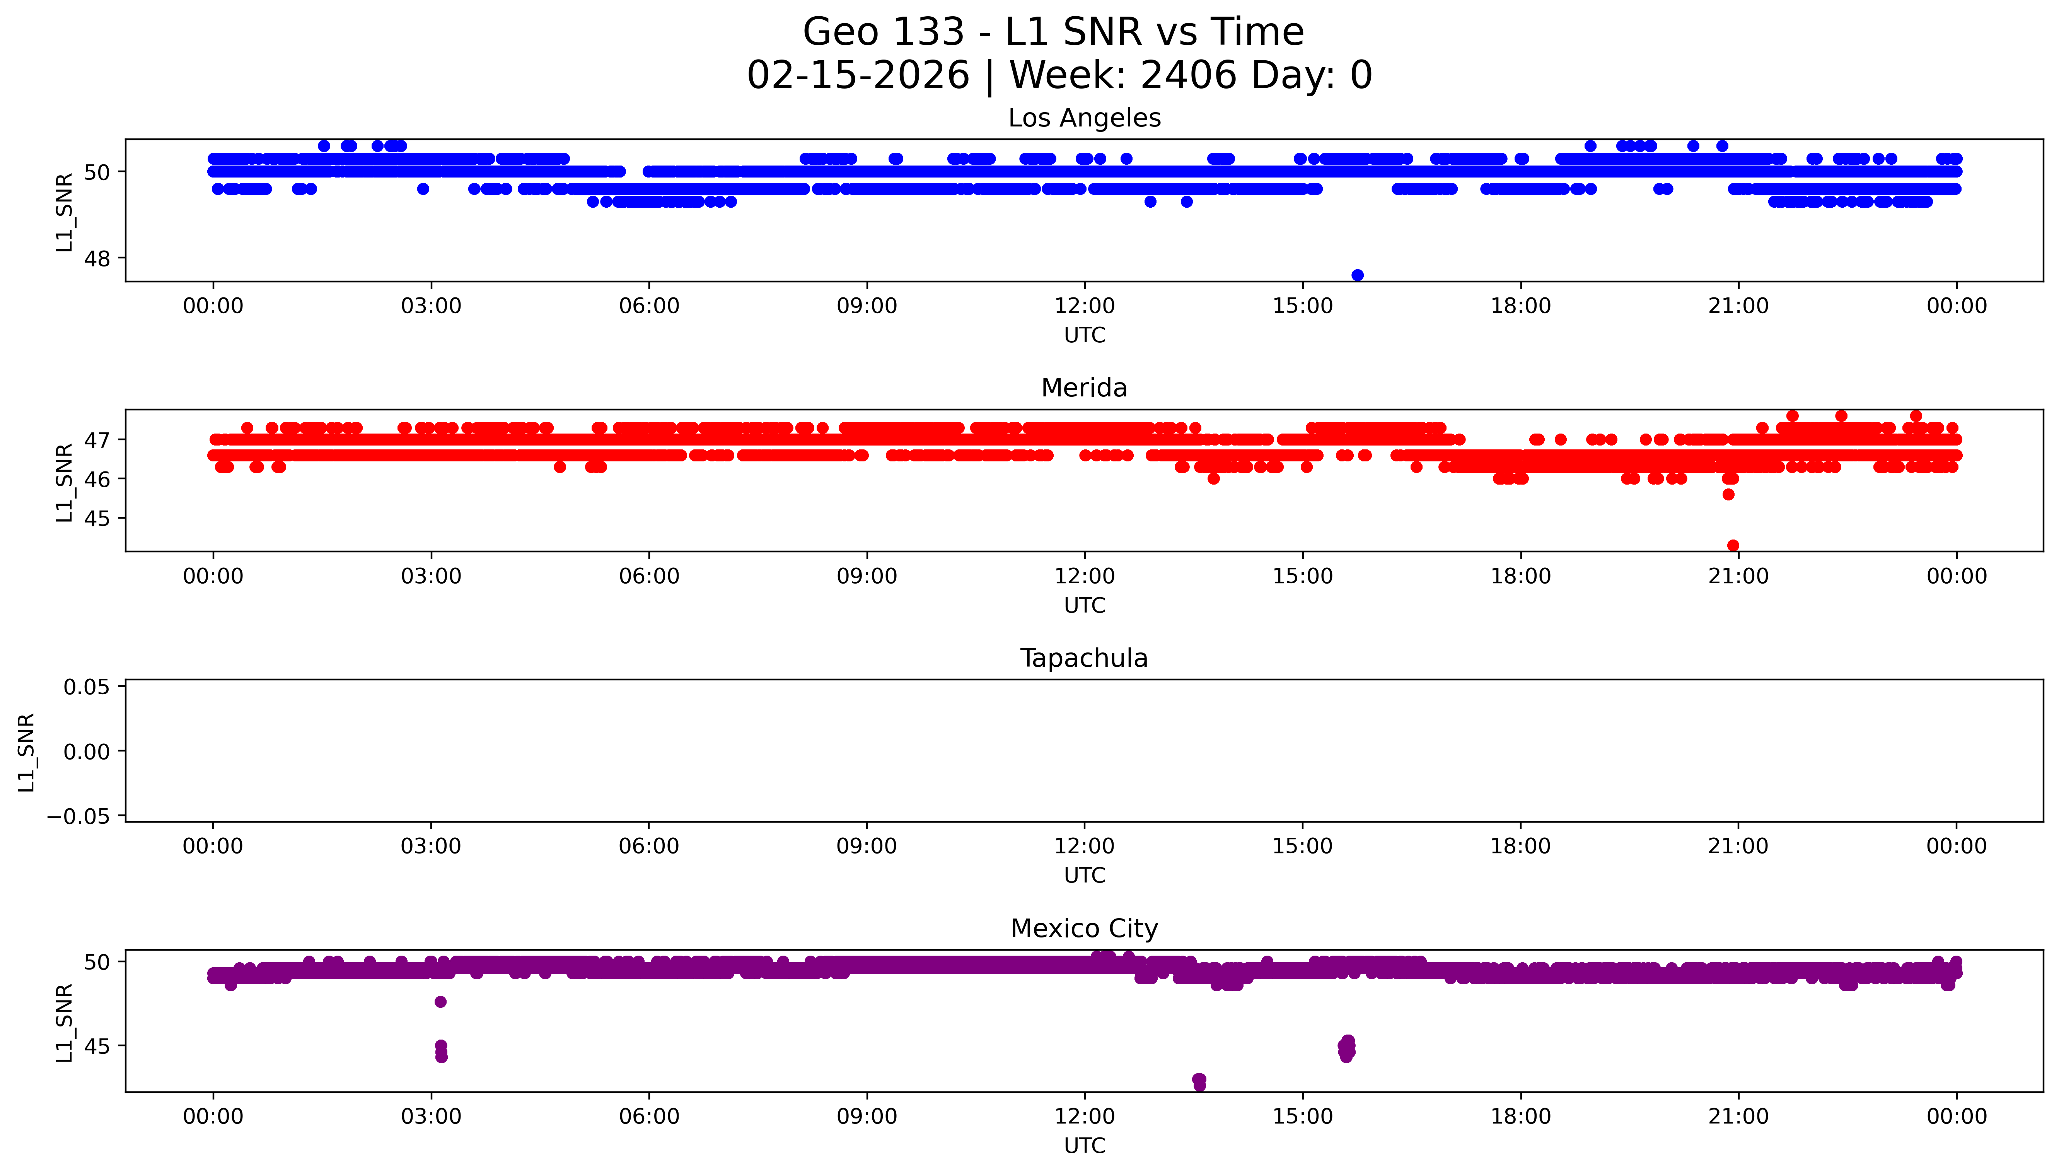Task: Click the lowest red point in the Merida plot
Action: [x=1733, y=545]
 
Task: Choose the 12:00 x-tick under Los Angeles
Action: [x=1085, y=306]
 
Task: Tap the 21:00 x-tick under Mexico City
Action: [x=1738, y=1117]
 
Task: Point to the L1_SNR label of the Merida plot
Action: [x=65, y=482]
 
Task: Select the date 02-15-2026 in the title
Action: [x=858, y=76]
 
